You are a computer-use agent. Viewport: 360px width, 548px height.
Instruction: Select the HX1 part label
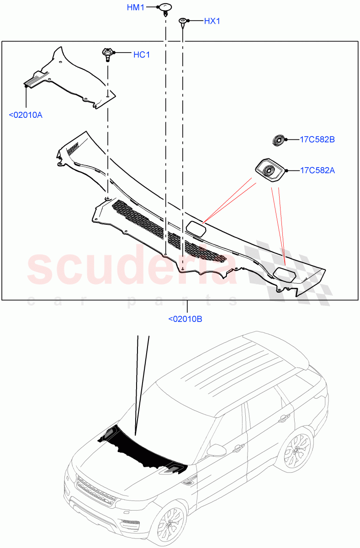[x=212, y=21]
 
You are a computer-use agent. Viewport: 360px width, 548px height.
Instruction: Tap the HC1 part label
[x=141, y=55]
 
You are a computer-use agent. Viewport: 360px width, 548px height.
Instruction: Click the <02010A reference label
[x=26, y=115]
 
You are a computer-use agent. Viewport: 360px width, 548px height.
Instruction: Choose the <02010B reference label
[x=185, y=319]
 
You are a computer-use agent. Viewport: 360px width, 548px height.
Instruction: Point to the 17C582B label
[x=318, y=139]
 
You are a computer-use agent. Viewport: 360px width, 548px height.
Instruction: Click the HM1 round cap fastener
[x=164, y=8]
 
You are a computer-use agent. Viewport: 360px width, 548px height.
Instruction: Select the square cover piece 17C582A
[x=269, y=171]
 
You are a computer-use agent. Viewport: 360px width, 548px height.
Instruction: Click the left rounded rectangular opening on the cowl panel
[x=196, y=227]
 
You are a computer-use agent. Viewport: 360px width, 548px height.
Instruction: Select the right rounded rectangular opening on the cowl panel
[x=284, y=274]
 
